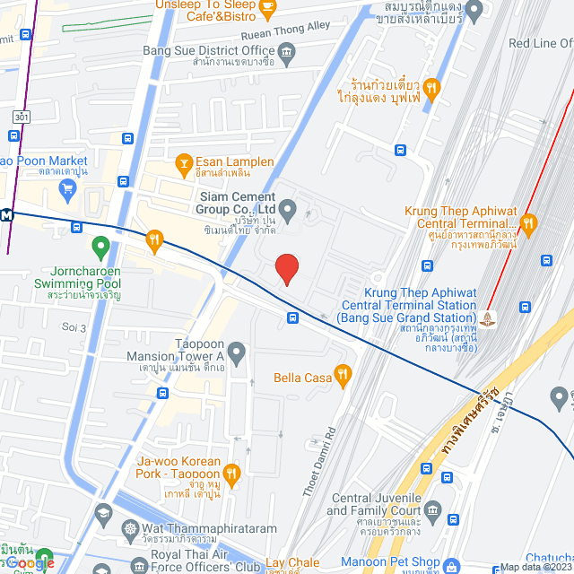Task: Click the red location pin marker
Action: pos(286,268)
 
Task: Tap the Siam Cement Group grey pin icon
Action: pos(288,211)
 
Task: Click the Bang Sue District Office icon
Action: pos(286,52)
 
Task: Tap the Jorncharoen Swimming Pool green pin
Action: pos(100,245)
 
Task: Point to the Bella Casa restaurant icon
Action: pos(342,376)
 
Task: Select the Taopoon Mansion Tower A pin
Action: pos(237,352)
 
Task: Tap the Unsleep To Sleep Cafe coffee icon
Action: pos(266,9)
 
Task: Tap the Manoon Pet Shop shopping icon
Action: pos(454,563)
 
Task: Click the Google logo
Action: pos(30,562)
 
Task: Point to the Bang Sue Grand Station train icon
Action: pos(487,317)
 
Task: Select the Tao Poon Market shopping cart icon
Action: pos(66,187)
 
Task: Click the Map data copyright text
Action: pos(535,567)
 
